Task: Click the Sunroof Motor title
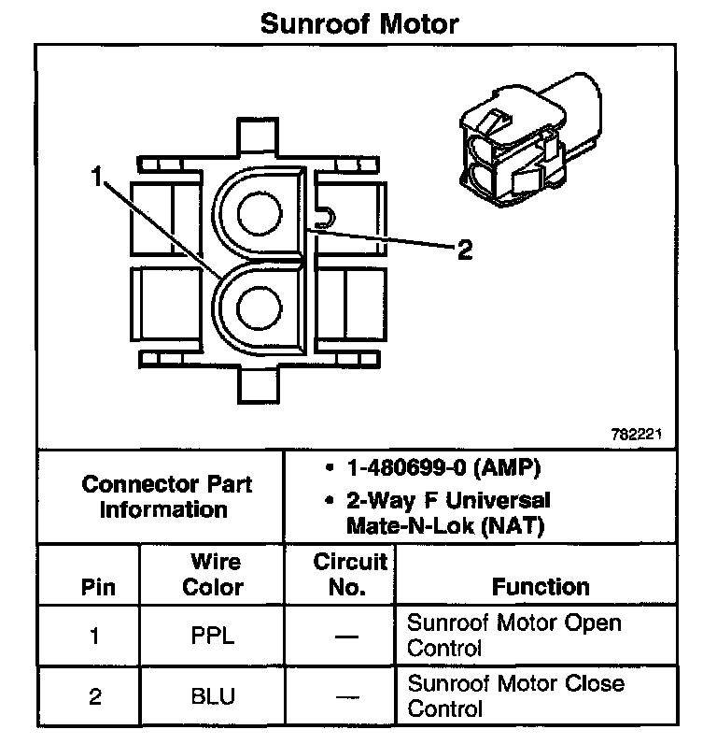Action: coord(359,23)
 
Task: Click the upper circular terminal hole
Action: coord(260,213)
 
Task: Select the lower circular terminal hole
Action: coord(259,308)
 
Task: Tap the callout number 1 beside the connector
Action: coord(97,176)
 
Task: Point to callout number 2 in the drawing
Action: coord(465,250)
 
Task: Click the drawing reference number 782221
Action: coord(636,434)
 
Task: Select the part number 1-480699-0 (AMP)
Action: coord(443,468)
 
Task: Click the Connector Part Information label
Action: coord(166,496)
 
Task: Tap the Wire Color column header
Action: coord(213,574)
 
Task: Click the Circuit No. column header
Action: coord(350,574)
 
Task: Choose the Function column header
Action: coord(541,586)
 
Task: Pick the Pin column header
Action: coord(98,587)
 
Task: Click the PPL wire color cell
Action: coord(213,636)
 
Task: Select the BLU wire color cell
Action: coord(213,696)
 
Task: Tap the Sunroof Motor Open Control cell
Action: coord(514,636)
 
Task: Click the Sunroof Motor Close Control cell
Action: coord(516,696)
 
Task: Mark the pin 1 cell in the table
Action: coord(95,636)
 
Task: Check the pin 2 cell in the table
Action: coord(95,696)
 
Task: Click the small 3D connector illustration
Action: coord(530,140)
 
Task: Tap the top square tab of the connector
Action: coord(258,136)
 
